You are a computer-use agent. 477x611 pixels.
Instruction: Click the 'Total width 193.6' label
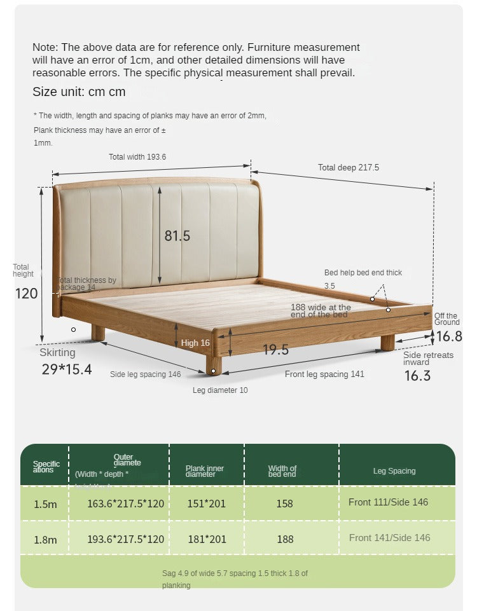(137, 156)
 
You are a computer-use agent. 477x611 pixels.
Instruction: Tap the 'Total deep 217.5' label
(348, 167)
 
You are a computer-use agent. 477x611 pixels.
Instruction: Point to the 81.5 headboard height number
(177, 236)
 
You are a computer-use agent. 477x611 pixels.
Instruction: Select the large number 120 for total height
(27, 293)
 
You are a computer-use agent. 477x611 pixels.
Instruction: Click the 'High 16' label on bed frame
(195, 343)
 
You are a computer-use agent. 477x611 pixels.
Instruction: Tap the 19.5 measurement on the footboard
(275, 350)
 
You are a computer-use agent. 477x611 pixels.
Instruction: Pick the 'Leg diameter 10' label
(220, 390)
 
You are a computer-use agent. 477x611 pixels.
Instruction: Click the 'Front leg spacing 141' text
(324, 374)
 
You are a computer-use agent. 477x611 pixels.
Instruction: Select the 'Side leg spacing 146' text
(145, 374)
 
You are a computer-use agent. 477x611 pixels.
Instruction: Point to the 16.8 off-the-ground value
(449, 336)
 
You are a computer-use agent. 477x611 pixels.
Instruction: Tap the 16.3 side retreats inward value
(417, 376)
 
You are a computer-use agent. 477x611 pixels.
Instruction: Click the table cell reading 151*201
(206, 504)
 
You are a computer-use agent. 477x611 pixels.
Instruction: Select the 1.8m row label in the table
(45, 539)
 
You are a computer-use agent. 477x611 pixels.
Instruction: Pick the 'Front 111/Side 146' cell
(388, 502)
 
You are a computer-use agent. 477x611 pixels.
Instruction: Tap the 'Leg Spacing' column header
(394, 471)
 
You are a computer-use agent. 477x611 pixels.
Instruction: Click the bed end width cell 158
(284, 504)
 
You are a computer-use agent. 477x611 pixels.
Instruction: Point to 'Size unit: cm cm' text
(79, 92)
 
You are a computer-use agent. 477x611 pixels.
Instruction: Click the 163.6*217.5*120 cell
(125, 504)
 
